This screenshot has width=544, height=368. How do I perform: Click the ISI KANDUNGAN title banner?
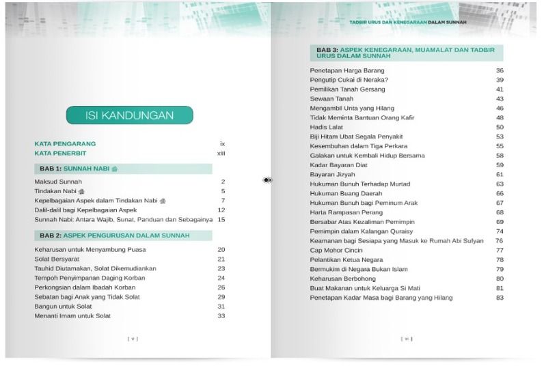[129, 115]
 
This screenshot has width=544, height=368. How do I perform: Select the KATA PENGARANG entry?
[65, 144]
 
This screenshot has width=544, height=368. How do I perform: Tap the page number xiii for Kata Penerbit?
[221, 153]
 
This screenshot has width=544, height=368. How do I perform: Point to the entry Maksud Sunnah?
[58, 182]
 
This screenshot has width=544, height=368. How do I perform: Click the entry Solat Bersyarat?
[57, 259]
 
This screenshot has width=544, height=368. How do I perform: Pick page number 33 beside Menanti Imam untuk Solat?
[221, 315]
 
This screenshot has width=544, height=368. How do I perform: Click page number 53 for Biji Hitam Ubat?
[500, 137]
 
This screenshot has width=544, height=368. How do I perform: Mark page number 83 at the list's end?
[500, 298]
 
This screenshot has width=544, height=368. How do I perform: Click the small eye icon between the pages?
[267, 180]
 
